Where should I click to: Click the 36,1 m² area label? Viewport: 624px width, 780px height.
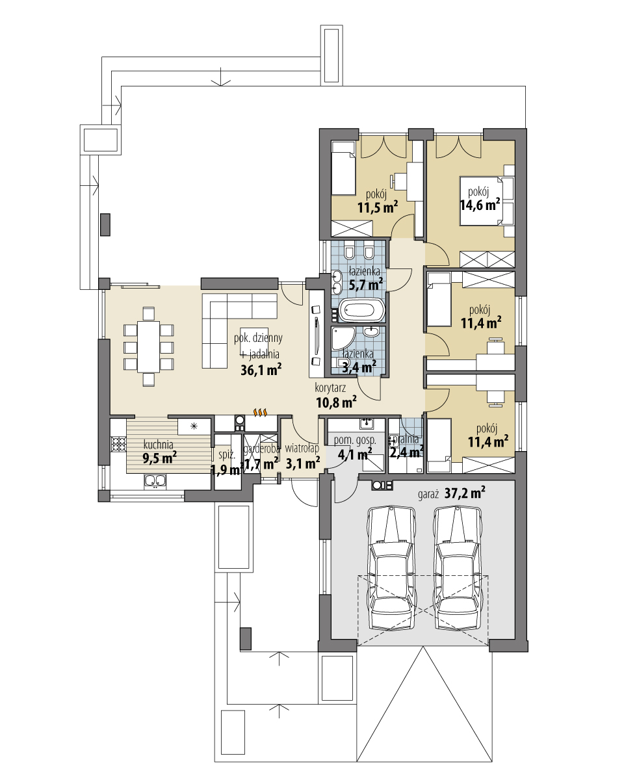click(260, 370)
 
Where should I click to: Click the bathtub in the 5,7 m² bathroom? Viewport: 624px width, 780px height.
click(363, 311)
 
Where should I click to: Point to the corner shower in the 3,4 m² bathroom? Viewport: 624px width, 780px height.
click(341, 338)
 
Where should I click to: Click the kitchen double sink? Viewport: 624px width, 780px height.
click(155, 481)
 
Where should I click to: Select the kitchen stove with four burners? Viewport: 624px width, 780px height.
click(118, 444)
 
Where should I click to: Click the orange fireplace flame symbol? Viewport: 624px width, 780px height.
click(260, 412)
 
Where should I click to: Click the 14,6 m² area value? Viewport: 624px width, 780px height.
click(480, 203)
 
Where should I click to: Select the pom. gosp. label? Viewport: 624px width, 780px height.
click(355, 440)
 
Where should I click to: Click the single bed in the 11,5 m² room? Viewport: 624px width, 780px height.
click(343, 170)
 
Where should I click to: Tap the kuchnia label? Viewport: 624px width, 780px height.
click(158, 445)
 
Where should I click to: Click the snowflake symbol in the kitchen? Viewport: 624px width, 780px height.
click(193, 426)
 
